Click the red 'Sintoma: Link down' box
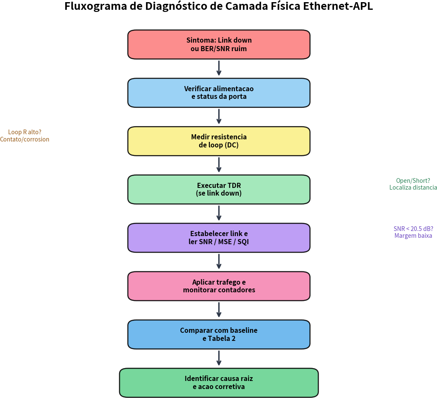click(x=219, y=44)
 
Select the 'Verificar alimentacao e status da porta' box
click(x=219, y=92)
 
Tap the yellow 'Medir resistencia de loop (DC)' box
click(x=219, y=141)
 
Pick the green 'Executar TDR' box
click(x=219, y=189)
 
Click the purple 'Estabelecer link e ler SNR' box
click(x=219, y=237)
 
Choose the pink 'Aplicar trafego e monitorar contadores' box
click(x=219, y=286)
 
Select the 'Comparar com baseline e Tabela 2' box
click(x=219, y=334)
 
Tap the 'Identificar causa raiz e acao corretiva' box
click(x=219, y=382)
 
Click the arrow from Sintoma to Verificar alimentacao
click(x=219, y=68)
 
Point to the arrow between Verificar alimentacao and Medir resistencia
click(x=219, y=116)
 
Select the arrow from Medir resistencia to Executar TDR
click(x=219, y=164)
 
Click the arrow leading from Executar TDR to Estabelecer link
click(x=219, y=213)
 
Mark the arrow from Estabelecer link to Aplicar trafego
click(x=219, y=261)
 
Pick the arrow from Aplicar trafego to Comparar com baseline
click(x=219, y=309)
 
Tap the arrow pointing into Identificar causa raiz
click(x=219, y=358)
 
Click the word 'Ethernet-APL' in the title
click(x=338, y=6)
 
